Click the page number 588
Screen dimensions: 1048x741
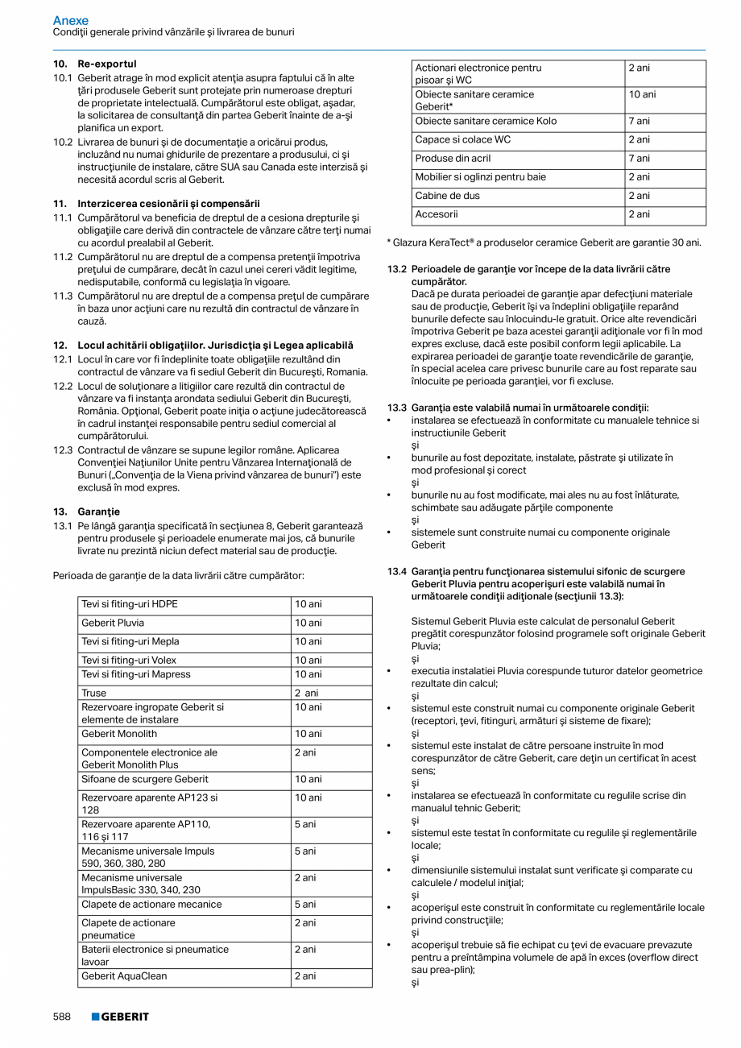click(62, 1017)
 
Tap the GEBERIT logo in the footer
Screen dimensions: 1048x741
click(120, 1017)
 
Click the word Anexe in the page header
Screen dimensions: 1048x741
click(71, 20)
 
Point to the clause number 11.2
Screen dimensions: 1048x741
click(63, 257)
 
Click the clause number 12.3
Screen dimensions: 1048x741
click(63, 449)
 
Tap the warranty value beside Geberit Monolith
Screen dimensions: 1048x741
click(308, 734)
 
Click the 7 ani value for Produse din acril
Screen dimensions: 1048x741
click(639, 159)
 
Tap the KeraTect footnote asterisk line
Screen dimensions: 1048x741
click(544, 242)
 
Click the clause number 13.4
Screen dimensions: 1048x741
click(396, 571)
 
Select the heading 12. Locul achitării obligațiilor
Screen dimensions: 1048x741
click(203, 346)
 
